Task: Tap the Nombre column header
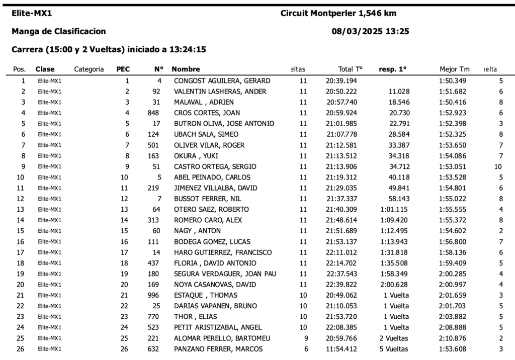(x=186, y=69)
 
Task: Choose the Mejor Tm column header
(x=454, y=69)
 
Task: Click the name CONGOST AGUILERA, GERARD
(x=222, y=81)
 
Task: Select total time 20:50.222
(x=341, y=92)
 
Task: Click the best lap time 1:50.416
(x=453, y=102)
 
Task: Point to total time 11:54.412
(x=341, y=349)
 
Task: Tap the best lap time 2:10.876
(x=453, y=338)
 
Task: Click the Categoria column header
(x=89, y=69)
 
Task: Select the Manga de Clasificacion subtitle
(x=58, y=31)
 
